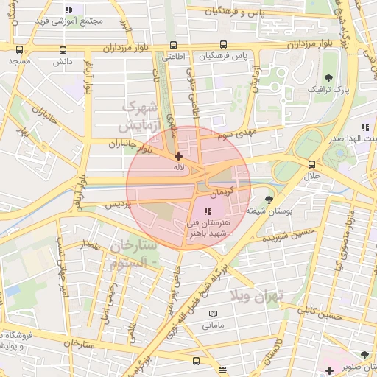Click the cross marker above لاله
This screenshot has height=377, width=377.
coord(178,156)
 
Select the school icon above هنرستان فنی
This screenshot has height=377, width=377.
coord(205,211)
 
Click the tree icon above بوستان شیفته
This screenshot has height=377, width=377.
coord(269,199)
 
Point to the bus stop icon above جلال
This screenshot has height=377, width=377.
coord(312,164)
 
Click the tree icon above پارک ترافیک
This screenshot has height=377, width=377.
coord(328,77)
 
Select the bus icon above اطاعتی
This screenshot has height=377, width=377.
coord(173,45)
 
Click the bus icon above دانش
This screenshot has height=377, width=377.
coord(63,51)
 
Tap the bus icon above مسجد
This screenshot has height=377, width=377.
coord(19,51)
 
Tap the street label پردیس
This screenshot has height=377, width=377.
coord(119,205)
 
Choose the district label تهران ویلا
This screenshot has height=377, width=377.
coord(272,297)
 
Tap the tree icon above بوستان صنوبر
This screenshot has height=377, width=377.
coord(365,356)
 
